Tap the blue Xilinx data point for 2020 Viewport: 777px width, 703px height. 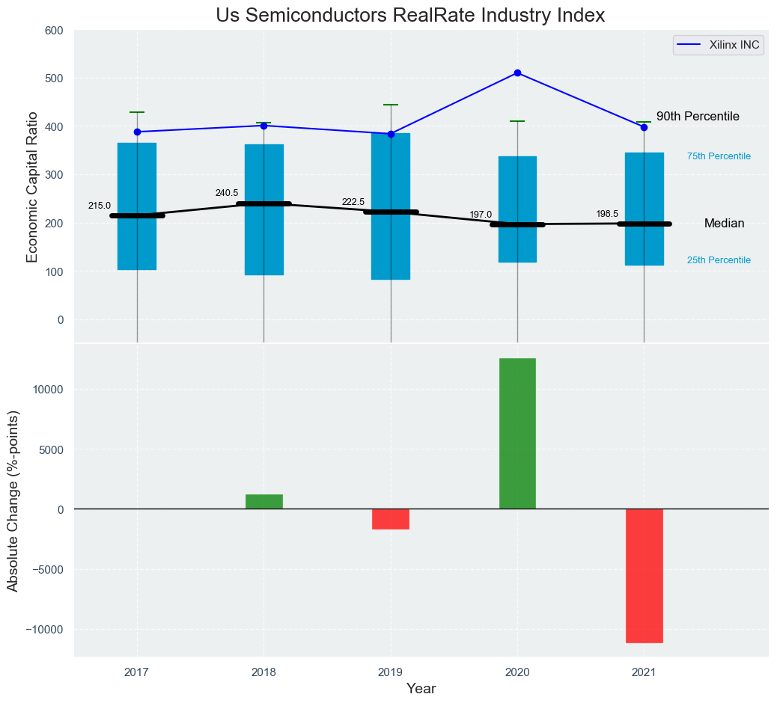517,73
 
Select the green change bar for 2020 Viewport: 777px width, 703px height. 517,434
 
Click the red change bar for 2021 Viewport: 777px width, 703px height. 645,575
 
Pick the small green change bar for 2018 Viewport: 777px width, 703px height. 263,501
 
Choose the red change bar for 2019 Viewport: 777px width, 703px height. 391,519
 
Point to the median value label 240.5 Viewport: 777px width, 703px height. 226,193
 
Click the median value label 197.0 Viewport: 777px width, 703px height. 481,215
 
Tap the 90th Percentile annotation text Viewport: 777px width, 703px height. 698,117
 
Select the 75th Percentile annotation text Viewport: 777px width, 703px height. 719,156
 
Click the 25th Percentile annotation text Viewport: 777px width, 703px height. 719,260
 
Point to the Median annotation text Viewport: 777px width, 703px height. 724,224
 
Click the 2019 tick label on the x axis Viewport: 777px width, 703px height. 391,672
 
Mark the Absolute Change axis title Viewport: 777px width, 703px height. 13,501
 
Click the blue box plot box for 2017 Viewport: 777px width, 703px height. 137,206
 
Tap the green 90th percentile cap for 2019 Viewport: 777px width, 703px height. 391,105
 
